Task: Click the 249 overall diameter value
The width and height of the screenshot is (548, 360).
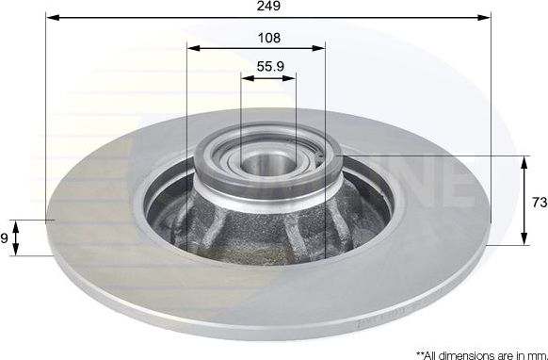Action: [268, 7]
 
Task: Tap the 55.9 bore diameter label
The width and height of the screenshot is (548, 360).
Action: [270, 67]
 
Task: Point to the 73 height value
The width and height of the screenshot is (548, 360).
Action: [538, 201]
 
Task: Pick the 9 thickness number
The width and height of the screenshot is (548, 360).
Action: [5, 238]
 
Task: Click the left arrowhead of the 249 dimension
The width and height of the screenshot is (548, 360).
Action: [51, 18]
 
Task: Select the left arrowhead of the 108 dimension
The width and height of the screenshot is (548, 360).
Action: [192, 49]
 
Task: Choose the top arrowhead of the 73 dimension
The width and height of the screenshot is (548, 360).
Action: [524, 160]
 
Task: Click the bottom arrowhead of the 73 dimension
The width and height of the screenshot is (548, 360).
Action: [524, 241]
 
